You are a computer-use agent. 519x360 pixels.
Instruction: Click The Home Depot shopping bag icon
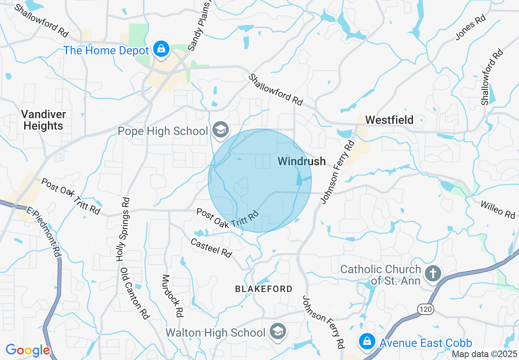[162, 49]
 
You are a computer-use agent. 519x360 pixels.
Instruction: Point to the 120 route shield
[426, 309]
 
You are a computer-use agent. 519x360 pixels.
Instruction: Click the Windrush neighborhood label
[302, 161]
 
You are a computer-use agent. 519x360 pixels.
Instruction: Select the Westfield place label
[389, 120]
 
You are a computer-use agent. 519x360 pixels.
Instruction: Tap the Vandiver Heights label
[43, 120]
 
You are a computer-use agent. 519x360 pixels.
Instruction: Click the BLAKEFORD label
[264, 289]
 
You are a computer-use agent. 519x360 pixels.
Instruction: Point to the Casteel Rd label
[211, 248]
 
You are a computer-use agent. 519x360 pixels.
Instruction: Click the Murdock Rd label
[172, 296]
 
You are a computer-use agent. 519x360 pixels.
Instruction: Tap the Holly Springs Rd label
[123, 229]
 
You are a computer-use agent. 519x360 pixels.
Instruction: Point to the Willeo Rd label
[497, 209]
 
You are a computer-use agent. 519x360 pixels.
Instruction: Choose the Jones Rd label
[471, 28]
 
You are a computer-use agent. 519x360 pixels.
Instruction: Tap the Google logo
[27, 350]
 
